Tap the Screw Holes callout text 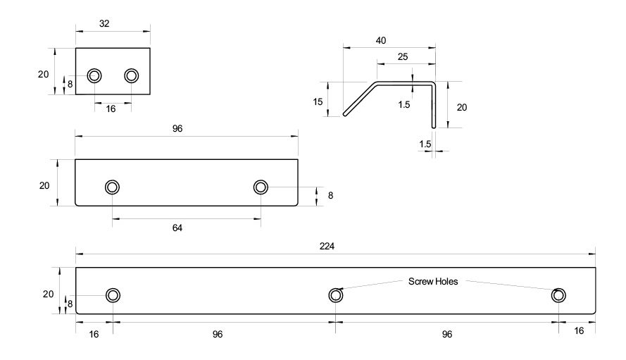coord(433,282)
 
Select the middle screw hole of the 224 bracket coord(336,295)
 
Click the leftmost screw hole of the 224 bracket coord(113,295)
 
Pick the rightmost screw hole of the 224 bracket coord(558,295)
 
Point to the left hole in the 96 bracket coord(112,187)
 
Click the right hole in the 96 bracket coord(261,187)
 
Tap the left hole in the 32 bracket coord(94,75)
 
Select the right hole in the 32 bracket coord(132,75)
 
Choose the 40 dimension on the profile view coord(381,40)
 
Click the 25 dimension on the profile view coord(402,56)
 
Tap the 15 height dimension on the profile coord(318,102)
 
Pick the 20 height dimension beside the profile coord(462,107)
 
